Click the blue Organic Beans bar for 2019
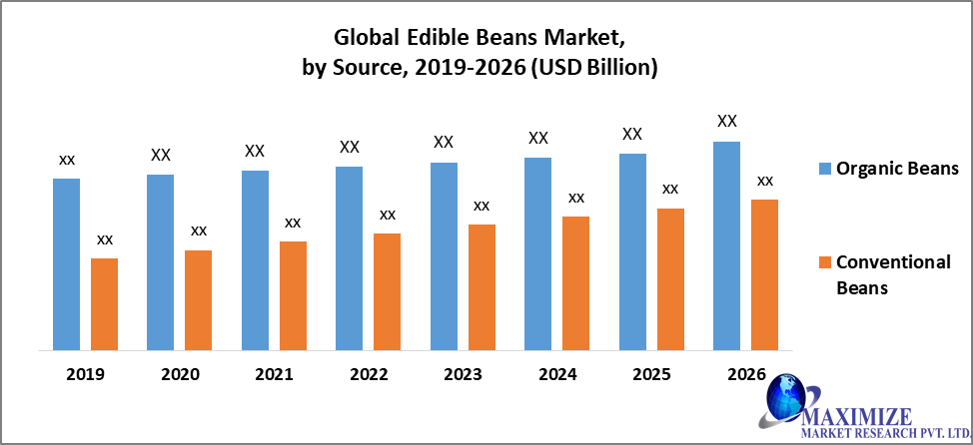click(66, 264)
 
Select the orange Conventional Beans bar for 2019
click(104, 304)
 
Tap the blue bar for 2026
click(726, 245)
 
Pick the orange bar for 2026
click(764, 274)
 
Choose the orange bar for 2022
click(387, 291)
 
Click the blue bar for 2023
click(444, 256)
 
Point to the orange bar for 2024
click(575, 283)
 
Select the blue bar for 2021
click(255, 260)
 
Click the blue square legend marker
click(824, 168)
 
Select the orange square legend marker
click(824, 262)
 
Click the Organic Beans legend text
click(897, 168)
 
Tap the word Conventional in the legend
click(893, 262)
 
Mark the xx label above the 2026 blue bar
click(727, 122)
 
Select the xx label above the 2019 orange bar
click(104, 239)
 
